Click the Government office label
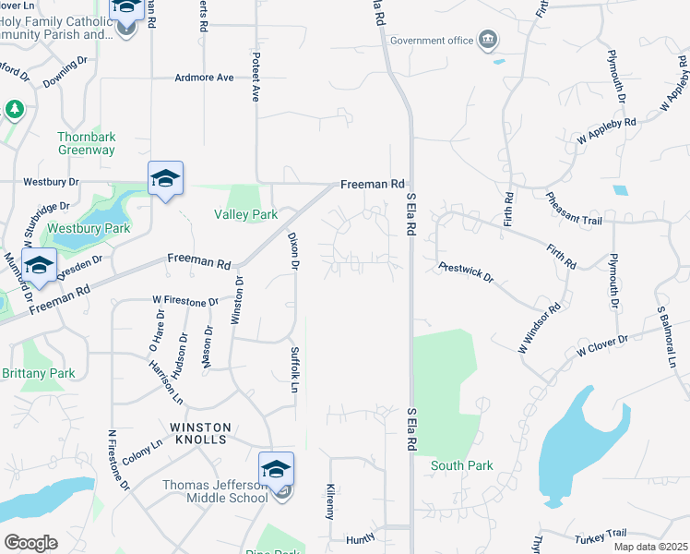pos(431,41)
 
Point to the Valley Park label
pos(245,214)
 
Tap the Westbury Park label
pos(89,228)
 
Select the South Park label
pos(461,466)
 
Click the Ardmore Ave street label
pos(205,78)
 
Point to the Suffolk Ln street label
pos(294,369)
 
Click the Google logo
pos(30,543)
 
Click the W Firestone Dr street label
pos(185,301)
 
